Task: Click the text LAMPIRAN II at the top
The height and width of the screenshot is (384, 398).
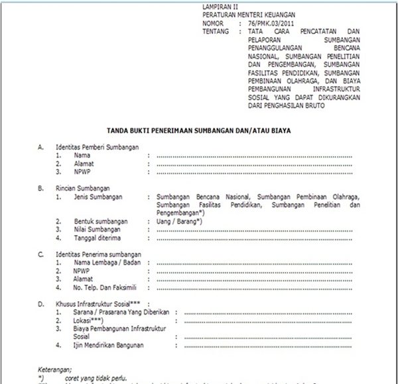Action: coord(218,5)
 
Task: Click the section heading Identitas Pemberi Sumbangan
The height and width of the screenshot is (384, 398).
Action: coord(98,147)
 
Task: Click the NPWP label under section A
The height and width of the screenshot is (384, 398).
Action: coord(82,171)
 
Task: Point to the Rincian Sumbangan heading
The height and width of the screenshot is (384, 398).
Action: coord(84,188)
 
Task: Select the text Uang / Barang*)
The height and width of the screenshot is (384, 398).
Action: coord(179,221)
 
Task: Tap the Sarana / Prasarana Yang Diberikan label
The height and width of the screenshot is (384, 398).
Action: coord(117,312)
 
